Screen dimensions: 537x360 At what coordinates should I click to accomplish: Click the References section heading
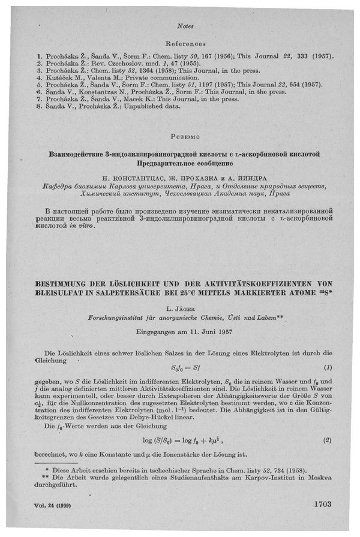point(185,44)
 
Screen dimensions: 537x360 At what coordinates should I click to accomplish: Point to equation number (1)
point(328,367)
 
